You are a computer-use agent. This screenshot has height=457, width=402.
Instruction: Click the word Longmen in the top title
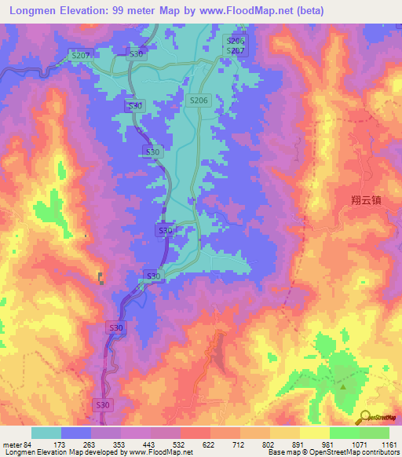(x=31, y=11)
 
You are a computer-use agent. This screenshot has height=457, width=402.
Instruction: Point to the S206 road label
(x=198, y=101)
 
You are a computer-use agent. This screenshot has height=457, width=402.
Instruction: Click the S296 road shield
(x=236, y=41)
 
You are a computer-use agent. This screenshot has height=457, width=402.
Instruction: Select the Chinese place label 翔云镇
(x=366, y=200)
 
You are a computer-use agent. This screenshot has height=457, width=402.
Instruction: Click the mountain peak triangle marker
(x=343, y=386)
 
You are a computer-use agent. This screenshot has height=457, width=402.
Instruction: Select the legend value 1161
(x=389, y=445)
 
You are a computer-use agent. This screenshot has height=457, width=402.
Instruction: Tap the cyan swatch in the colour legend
(x=46, y=433)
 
